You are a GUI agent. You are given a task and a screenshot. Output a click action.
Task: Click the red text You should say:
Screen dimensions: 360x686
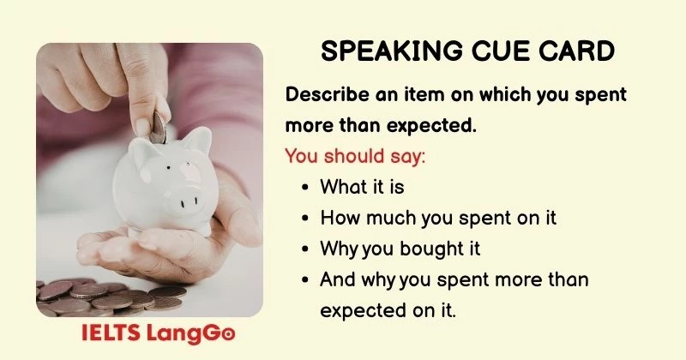[354, 157]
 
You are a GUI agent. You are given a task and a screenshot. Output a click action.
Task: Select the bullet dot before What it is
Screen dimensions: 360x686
[307, 187]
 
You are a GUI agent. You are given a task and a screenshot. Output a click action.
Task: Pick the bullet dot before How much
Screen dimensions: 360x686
[307, 219]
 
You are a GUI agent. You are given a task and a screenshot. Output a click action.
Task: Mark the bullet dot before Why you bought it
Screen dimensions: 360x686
[307, 249]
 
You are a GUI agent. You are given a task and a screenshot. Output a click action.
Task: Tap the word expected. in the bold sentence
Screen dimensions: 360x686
[434, 126]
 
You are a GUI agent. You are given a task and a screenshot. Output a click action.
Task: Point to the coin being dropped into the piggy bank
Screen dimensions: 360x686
[159, 127]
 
